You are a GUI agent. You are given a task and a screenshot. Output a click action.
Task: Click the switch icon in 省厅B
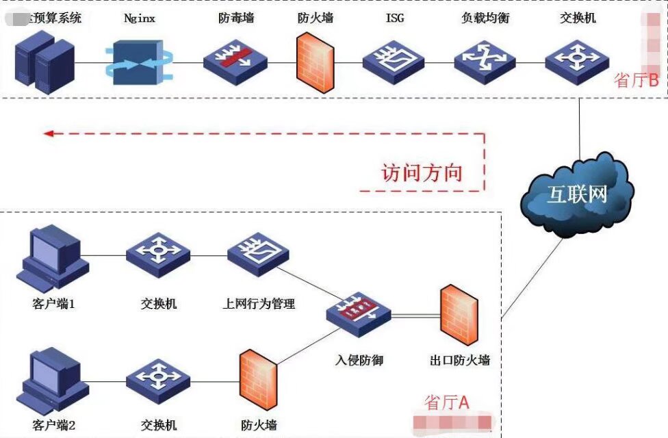577,62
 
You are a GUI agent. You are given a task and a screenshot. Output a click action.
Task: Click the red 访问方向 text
422,172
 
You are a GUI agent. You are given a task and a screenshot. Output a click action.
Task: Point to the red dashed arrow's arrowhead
48,133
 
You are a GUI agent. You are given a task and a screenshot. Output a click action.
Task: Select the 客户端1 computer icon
52,259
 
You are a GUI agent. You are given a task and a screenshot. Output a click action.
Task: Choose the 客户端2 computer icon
52,378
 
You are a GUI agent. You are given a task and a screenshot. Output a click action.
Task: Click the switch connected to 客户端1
157,255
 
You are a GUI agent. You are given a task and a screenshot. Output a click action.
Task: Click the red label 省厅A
447,402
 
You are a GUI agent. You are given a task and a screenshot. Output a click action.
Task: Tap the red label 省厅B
636,80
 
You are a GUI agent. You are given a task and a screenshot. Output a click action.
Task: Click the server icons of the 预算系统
44,63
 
